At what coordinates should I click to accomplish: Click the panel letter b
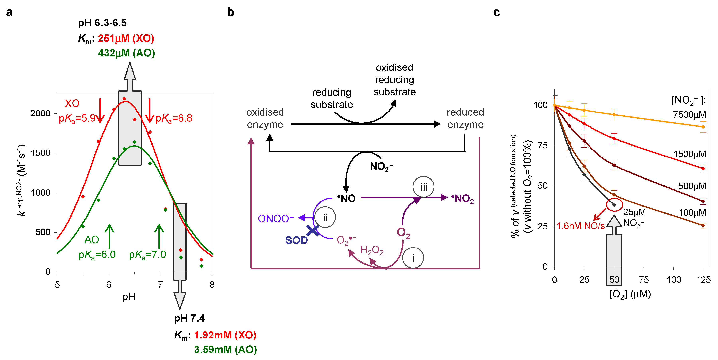tap(231, 12)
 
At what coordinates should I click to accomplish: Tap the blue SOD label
tap(296, 240)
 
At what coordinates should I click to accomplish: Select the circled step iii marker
tap(423, 187)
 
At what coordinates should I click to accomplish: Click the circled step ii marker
tap(325, 217)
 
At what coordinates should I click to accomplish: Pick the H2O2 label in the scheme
tap(372, 250)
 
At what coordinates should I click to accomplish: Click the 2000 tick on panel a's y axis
tap(40, 113)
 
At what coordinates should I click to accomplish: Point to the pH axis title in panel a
tap(129, 297)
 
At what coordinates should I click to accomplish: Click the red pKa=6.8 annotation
tap(174, 118)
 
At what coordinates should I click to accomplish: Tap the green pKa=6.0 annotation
tap(97, 255)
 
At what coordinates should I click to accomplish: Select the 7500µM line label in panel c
tap(689, 115)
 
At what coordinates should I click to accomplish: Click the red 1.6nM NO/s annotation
tap(580, 226)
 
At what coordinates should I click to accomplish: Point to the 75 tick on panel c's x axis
tap(644, 280)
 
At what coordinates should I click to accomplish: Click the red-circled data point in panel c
tap(614, 205)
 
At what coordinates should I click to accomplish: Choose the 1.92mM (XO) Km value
tap(225, 335)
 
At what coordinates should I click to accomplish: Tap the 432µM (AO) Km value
tap(126, 53)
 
